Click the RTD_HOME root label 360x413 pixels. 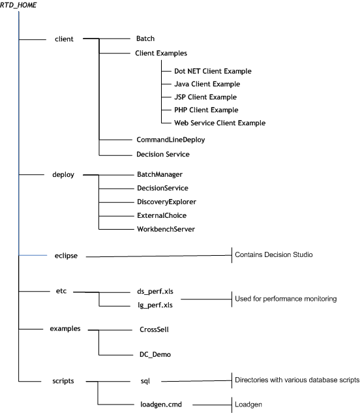19,5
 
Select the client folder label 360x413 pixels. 65,39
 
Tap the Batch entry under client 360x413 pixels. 146,39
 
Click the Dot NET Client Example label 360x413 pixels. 213,70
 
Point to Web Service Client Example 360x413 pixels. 220,123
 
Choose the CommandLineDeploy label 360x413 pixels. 169,140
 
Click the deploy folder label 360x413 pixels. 65,175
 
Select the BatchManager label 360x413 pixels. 159,175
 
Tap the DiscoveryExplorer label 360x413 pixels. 166,202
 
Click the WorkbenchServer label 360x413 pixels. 166,229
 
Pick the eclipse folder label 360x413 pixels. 65,256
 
